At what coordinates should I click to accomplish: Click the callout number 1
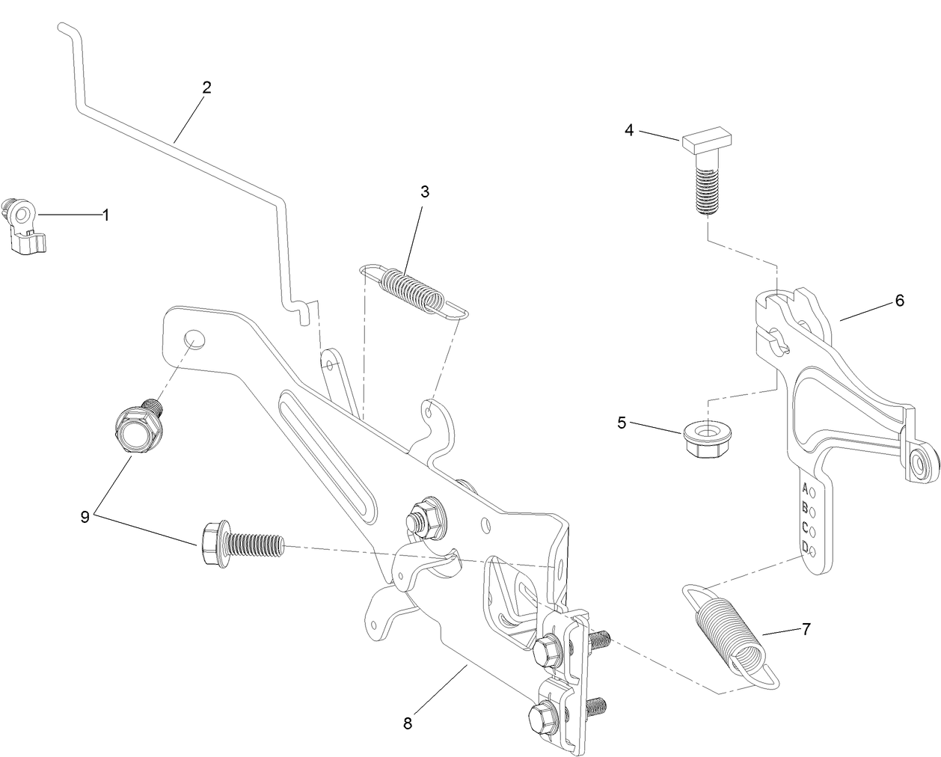click(105, 215)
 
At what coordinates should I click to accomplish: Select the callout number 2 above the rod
click(206, 87)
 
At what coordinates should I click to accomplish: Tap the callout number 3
click(424, 191)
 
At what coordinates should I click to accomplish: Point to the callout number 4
click(629, 130)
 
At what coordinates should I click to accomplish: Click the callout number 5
click(622, 423)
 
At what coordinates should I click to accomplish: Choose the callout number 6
click(899, 301)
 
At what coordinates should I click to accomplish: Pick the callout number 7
click(806, 629)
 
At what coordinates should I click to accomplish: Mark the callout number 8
click(408, 723)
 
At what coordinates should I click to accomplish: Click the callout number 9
click(85, 516)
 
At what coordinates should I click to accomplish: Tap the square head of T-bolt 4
click(710, 139)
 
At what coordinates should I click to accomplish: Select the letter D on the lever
click(805, 547)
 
